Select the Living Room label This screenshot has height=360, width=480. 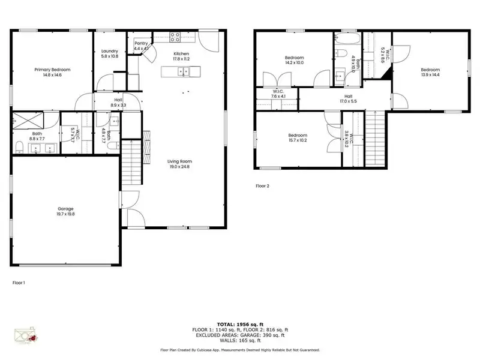click(179, 161)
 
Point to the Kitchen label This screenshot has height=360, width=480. click(181, 53)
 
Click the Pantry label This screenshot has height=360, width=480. click(141, 43)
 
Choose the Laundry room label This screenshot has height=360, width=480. click(109, 51)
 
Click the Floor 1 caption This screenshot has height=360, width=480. click(19, 281)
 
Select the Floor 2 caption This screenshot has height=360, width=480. click(262, 186)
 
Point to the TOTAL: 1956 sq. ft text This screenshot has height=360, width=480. click(240, 323)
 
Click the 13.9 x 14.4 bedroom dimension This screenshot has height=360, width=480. click(430, 74)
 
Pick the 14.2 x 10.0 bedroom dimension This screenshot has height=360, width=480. click(295, 62)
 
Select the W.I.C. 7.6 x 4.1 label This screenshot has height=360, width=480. click(278, 94)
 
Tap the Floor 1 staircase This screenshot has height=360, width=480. click(132, 162)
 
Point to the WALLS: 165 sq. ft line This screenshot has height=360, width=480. click(240, 340)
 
